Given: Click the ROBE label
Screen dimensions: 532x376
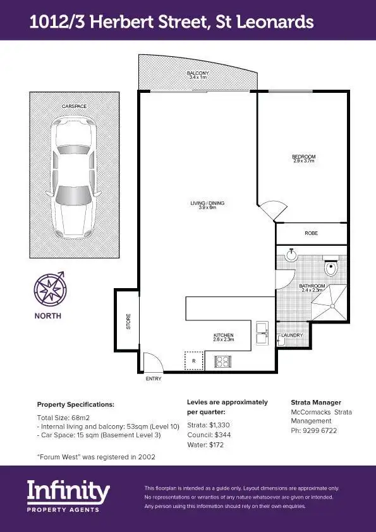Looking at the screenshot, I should tap(311, 233).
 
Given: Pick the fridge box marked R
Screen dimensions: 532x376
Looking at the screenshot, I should tap(193, 360).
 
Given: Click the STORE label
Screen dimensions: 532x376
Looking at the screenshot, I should tap(128, 323).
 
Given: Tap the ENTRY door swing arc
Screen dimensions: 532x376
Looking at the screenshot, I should tap(152, 363).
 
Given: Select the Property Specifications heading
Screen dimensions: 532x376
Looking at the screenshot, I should tap(75, 404).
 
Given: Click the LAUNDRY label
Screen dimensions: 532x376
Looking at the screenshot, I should tap(292, 335).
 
